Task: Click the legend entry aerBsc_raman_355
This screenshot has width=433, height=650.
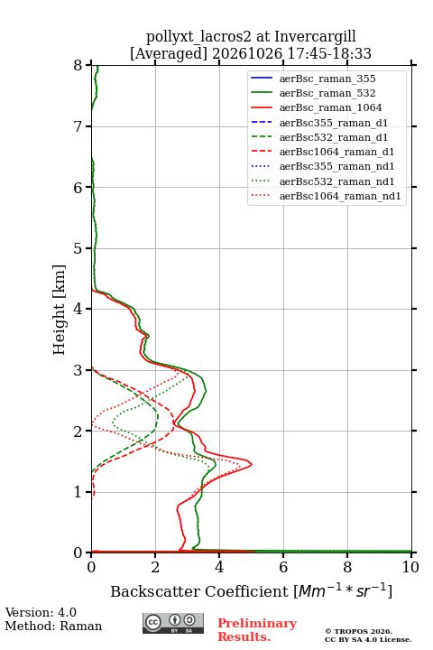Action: tap(327, 79)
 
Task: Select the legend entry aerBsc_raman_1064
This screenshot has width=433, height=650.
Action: tap(330, 107)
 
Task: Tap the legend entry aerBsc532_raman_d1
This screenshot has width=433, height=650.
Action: tap(334, 137)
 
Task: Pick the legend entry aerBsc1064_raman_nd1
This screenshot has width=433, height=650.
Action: tap(340, 196)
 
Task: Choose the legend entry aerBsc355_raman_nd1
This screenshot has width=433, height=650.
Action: tap(336, 167)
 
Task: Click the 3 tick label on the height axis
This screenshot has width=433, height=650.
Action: tap(78, 370)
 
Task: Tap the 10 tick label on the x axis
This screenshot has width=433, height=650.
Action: tap(410, 567)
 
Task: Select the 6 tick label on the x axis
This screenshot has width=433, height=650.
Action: tap(283, 567)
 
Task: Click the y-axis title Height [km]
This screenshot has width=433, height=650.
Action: tap(60, 310)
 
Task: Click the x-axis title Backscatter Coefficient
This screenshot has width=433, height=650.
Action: tap(198, 591)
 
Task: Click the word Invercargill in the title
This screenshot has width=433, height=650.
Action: tap(315, 37)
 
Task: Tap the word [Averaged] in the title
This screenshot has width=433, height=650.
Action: tap(169, 54)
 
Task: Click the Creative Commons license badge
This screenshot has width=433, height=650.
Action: tap(173, 623)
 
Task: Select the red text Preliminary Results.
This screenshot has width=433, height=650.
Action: tap(257, 630)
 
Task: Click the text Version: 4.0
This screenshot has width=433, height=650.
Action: tap(41, 612)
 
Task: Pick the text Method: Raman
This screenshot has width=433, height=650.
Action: tap(53, 626)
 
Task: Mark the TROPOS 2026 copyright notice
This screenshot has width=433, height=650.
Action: tap(359, 631)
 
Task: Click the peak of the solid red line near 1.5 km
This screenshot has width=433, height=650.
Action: tap(252, 464)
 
